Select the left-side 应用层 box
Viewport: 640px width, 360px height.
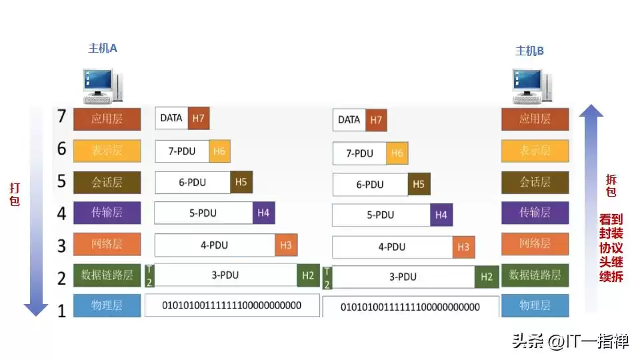[107, 119]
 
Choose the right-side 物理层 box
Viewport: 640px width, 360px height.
[535, 305]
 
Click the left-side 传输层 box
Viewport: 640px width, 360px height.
[107, 213]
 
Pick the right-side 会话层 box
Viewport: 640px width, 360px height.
[535, 182]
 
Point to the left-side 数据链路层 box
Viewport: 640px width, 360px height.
[107, 275]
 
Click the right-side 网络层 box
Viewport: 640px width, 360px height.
[535, 243]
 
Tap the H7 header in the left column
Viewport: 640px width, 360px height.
[198, 118]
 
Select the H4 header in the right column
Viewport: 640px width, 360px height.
[441, 215]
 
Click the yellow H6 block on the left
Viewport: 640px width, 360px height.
[219, 151]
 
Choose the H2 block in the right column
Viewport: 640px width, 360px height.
[486, 277]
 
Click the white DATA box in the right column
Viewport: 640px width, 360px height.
[349, 120]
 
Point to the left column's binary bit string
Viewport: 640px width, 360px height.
[232, 305]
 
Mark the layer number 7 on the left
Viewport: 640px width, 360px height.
[61, 117]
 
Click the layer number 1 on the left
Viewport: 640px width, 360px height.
[61, 311]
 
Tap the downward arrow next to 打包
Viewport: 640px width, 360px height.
[36, 213]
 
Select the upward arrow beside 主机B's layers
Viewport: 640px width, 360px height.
[591, 207]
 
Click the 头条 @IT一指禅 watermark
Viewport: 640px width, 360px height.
[570, 342]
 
